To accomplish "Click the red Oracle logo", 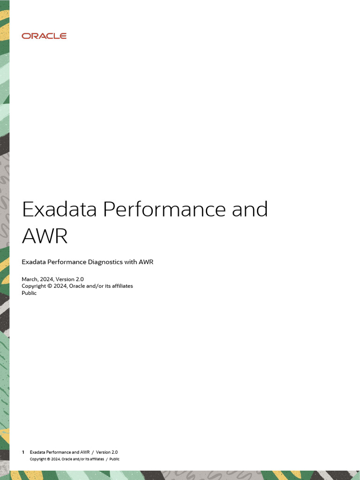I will (44, 36).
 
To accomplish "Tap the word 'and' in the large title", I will (250, 209).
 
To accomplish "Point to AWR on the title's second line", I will (45, 236).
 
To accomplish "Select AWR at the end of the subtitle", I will (146, 262).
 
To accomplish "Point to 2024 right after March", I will (47, 279).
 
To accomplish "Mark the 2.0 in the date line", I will (80, 279).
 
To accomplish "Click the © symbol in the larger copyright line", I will (50, 286).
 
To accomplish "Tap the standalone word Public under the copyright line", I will (29, 293).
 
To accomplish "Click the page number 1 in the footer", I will (23, 452).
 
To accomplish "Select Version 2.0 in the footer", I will (107, 452).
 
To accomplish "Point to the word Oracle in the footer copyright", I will (68, 459).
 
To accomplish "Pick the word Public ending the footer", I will (114, 459).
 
